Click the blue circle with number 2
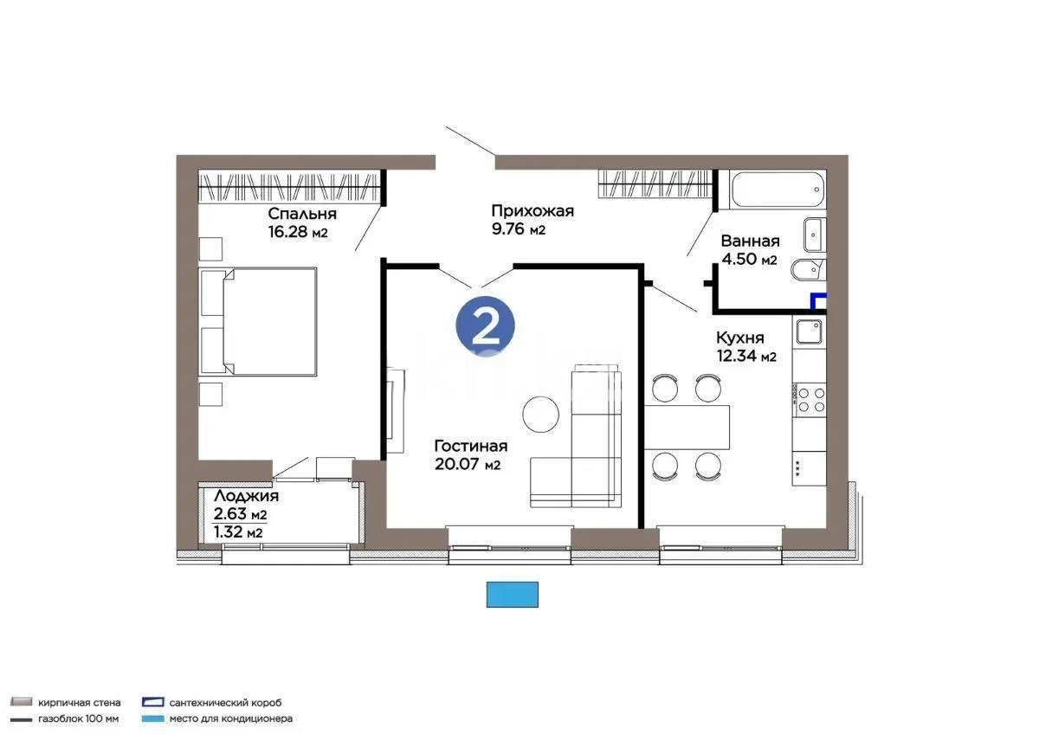coord(486,325)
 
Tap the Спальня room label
coord(302,214)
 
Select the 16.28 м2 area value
coord(299,232)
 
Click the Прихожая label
coord(532,210)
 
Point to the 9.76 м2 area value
coord(519,229)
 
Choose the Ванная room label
coord(750,241)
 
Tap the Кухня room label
coord(739,338)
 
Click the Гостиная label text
coord(470,446)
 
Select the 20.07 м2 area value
coord(468,465)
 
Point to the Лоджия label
coord(246,496)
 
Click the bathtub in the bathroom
coord(778,190)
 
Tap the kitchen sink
coord(810,332)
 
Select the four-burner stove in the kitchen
coord(810,399)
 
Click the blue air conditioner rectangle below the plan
coord(513,595)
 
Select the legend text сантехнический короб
coord(225,703)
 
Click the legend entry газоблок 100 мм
coord(79,718)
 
